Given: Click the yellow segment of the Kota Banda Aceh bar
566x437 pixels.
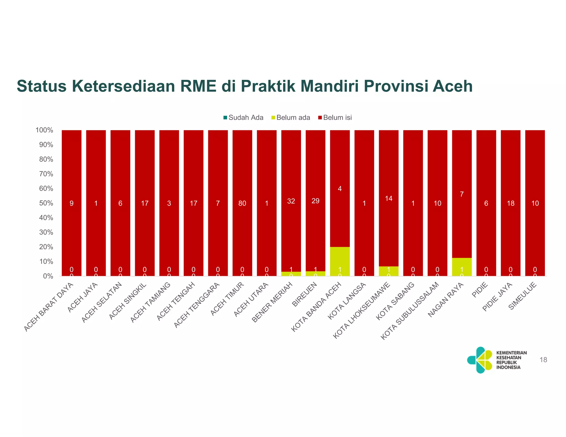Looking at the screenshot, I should tap(340, 261).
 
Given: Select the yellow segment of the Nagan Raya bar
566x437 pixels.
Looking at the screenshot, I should tap(462, 267).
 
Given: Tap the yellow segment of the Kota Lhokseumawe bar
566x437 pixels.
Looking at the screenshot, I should tap(389, 271).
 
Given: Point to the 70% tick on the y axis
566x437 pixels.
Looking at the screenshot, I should tap(44, 174).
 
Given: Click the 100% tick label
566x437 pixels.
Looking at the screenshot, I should tap(44, 130).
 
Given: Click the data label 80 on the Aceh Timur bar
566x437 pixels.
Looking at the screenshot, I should tap(242, 203).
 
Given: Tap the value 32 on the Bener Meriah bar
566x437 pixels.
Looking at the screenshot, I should tap(291, 201).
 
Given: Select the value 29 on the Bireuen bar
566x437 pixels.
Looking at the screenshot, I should tap(315, 201).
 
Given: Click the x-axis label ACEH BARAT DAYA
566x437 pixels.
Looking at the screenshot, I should tap(49, 307).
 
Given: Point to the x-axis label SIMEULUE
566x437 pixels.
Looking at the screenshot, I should tap(523, 296).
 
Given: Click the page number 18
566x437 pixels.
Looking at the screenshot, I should tap(543, 360).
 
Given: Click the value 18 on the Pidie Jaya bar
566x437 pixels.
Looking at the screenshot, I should tap(510, 203).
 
